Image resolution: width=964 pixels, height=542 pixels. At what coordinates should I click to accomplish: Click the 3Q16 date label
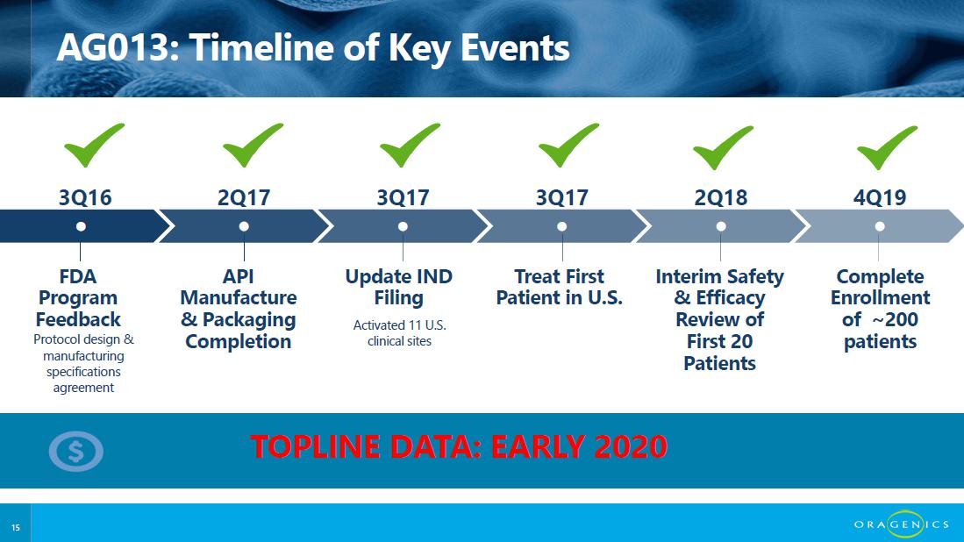(x=85, y=197)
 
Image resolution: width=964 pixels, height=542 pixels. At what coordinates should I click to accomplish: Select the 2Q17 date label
(x=244, y=197)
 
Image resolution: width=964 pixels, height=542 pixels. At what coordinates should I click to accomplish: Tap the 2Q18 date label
(x=720, y=197)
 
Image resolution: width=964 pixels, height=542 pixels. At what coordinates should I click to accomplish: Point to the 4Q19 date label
(x=880, y=197)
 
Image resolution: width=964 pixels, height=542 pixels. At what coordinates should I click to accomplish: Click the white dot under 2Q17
(x=244, y=226)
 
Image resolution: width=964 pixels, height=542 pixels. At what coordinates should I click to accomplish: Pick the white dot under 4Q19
(x=880, y=226)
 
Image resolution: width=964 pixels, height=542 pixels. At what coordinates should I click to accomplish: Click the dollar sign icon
(x=75, y=452)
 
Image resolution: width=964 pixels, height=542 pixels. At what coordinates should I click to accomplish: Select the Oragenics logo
(x=902, y=524)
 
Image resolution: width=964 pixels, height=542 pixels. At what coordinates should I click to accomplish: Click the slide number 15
(x=16, y=527)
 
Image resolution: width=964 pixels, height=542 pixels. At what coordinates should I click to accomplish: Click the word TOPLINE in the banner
(x=316, y=446)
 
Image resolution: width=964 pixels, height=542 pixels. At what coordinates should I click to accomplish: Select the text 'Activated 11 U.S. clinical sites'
(x=400, y=333)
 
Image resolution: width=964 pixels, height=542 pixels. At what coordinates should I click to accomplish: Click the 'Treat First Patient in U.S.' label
(x=560, y=287)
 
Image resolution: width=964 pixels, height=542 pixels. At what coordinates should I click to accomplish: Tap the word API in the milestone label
(x=239, y=276)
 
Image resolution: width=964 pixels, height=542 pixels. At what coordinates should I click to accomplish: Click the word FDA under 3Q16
(x=78, y=276)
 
